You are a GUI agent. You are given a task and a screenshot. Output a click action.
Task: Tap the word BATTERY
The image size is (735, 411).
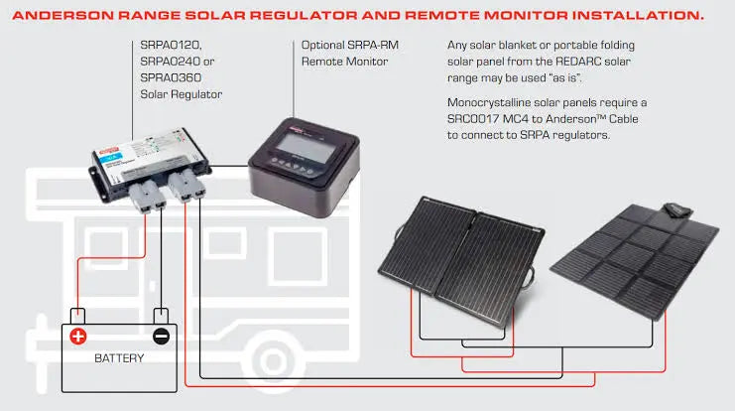click(119, 358)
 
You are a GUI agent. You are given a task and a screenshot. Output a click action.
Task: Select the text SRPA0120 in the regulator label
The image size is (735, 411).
click(165, 47)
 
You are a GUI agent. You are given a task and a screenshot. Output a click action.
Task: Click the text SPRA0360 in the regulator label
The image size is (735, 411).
click(165, 78)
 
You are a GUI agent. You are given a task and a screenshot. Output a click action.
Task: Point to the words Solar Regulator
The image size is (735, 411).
click(181, 94)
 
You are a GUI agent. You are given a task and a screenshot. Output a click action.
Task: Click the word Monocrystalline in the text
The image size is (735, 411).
click(494, 102)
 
